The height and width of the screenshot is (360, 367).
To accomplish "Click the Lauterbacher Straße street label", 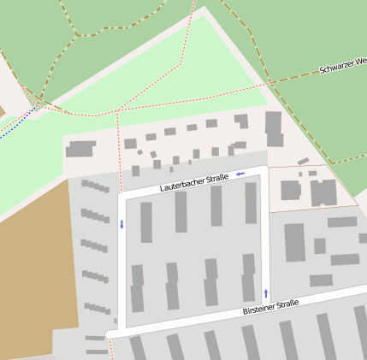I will click(x=193, y=183).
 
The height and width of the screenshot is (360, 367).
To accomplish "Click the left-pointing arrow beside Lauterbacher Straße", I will click(x=240, y=174).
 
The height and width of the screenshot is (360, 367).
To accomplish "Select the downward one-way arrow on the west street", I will click(x=121, y=225).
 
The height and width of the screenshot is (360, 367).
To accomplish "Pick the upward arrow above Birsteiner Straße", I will click(x=265, y=293).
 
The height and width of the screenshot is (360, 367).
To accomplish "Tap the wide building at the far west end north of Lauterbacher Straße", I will click(x=80, y=150).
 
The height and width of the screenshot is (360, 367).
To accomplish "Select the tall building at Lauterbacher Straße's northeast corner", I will click(x=274, y=128).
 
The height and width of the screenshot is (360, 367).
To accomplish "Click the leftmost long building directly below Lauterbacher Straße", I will click(x=146, y=222).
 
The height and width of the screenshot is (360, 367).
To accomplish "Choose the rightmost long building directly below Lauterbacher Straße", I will click(x=251, y=203).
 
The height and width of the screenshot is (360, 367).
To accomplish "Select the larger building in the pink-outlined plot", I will click(x=323, y=192).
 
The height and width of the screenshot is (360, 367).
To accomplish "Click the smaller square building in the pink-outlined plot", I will click(x=291, y=190).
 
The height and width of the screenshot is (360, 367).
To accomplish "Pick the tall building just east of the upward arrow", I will click(x=294, y=242).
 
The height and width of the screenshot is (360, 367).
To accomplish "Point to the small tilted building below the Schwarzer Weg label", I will click(x=303, y=161).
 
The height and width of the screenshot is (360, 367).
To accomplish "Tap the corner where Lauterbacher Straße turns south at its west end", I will click(x=122, y=196).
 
